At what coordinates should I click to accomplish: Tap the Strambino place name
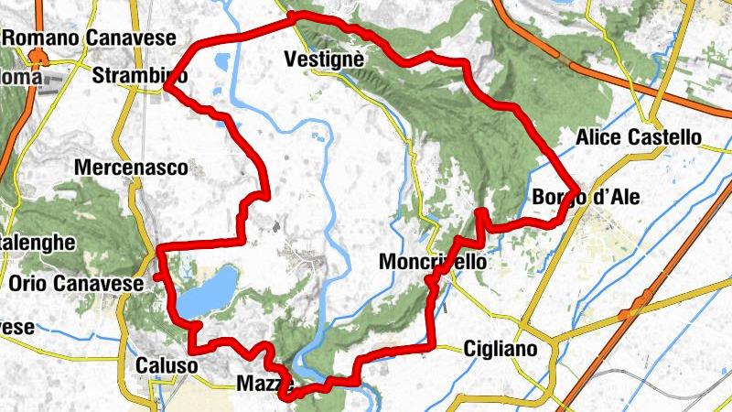(140, 75)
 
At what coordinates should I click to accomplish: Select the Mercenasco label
(132, 168)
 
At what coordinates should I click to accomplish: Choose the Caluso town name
(166, 365)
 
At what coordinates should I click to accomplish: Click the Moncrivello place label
(432, 263)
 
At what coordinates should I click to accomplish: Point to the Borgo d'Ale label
(586, 199)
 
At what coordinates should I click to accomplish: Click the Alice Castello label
(640, 138)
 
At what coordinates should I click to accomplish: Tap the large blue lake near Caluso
(206, 291)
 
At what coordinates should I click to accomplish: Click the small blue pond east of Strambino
(221, 63)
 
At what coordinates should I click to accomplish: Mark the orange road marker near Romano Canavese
(38, 58)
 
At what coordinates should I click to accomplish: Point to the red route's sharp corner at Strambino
(167, 87)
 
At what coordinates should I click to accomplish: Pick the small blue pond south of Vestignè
(318, 140)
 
